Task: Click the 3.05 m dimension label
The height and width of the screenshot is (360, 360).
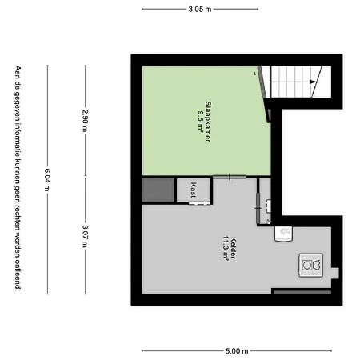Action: tap(200, 10)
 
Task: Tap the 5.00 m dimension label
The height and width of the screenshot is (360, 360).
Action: tap(237, 351)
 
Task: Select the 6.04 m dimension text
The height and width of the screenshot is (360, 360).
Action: tap(47, 180)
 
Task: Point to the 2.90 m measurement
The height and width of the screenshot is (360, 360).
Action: tap(85, 121)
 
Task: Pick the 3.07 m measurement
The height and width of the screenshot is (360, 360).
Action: tap(85, 236)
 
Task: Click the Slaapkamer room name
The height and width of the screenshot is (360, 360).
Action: tap(208, 122)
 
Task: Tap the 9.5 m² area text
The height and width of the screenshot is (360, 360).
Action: tap(201, 122)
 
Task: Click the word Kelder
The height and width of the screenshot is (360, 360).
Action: tap(234, 248)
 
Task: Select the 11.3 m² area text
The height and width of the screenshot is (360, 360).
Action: tap(226, 248)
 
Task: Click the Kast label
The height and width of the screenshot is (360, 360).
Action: tap(194, 190)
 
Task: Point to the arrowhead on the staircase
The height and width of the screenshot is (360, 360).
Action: tap(313, 82)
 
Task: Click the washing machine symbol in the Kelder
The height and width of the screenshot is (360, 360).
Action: tap(311, 265)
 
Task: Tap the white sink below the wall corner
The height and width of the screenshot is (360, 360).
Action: tap(283, 234)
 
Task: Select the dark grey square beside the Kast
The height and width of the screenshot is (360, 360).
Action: tap(158, 190)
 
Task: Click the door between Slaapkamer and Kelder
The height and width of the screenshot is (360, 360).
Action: tap(230, 177)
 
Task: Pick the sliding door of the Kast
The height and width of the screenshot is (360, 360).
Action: tap(198, 203)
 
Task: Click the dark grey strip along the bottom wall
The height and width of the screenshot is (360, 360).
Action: tap(302, 293)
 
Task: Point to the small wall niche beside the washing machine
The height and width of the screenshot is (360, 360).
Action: tap(335, 274)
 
